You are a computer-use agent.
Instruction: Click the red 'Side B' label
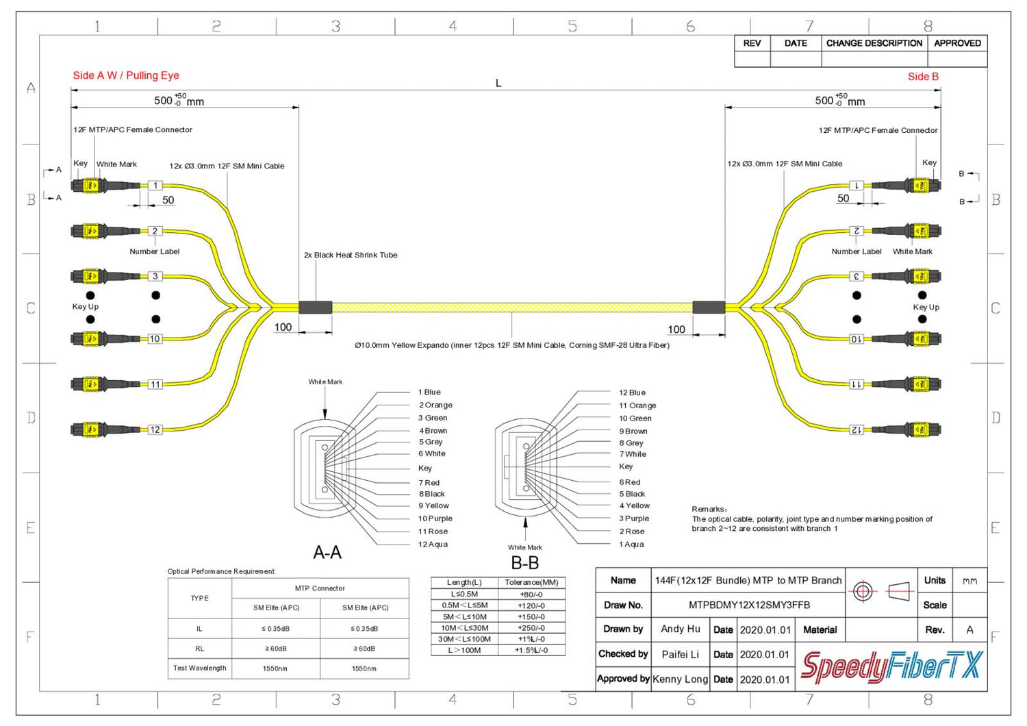coord(923,77)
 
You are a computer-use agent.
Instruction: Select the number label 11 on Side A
coord(155,384)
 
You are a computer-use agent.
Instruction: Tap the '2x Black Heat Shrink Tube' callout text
coord(351,255)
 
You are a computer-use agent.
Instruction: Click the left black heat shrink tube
coord(315,308)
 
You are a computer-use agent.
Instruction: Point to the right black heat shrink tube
coord(709,308)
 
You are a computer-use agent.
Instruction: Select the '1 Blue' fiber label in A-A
coord(429,392)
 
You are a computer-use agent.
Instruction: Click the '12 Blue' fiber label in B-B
coord(632,393)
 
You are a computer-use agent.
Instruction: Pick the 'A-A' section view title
coord(327,553)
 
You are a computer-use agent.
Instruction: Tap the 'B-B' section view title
coord(525,563)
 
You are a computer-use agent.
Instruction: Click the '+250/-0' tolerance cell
coord(531,628)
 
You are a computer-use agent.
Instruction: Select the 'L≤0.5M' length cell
coord(464,594)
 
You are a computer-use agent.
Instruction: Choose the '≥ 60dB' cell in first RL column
coord(276,649)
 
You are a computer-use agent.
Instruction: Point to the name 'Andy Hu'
coord(680,629)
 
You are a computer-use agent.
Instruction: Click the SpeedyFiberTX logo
coord(891,666)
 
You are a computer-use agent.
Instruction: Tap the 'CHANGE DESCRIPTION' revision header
coord(874,43)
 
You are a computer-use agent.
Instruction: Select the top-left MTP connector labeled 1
coord(90,186)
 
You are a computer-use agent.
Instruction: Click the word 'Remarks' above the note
coord(709,510)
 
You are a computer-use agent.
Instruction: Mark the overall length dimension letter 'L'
coord(498,83)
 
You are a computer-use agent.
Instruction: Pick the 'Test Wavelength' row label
coord(199,668)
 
